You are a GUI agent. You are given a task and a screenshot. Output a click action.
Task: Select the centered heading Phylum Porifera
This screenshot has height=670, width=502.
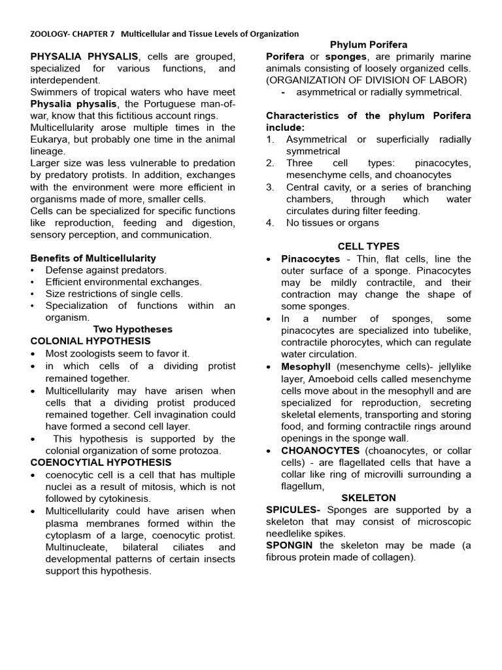[x=369, y=44]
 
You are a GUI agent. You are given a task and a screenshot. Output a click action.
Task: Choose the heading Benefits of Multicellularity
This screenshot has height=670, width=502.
[x=93, y=258]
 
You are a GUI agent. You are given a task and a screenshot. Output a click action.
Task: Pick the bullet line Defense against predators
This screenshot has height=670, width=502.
[x=106, y=270]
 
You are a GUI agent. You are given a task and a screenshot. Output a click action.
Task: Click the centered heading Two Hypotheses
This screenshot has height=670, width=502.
[x=133, y=329]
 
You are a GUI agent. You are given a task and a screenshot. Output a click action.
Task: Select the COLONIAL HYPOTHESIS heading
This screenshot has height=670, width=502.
[x=90, y=341]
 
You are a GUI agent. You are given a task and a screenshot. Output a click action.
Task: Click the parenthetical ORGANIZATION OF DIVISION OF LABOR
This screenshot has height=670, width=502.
[x=366, y=80]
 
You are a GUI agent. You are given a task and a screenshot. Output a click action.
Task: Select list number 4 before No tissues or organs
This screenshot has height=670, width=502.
[x=270, y=222]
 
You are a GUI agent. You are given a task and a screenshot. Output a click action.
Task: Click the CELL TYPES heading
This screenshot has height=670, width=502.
[x=369, y=246]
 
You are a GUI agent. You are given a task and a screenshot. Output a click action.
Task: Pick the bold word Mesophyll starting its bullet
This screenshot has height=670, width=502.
[x=306, y=366]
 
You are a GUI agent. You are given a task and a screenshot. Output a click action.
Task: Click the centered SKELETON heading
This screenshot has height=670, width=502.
[x=369, y=498]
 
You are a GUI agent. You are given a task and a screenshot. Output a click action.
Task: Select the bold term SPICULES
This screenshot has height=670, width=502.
[x=293, y=510]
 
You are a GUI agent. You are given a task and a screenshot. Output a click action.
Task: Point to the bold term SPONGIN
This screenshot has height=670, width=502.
[x=289, y=545]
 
